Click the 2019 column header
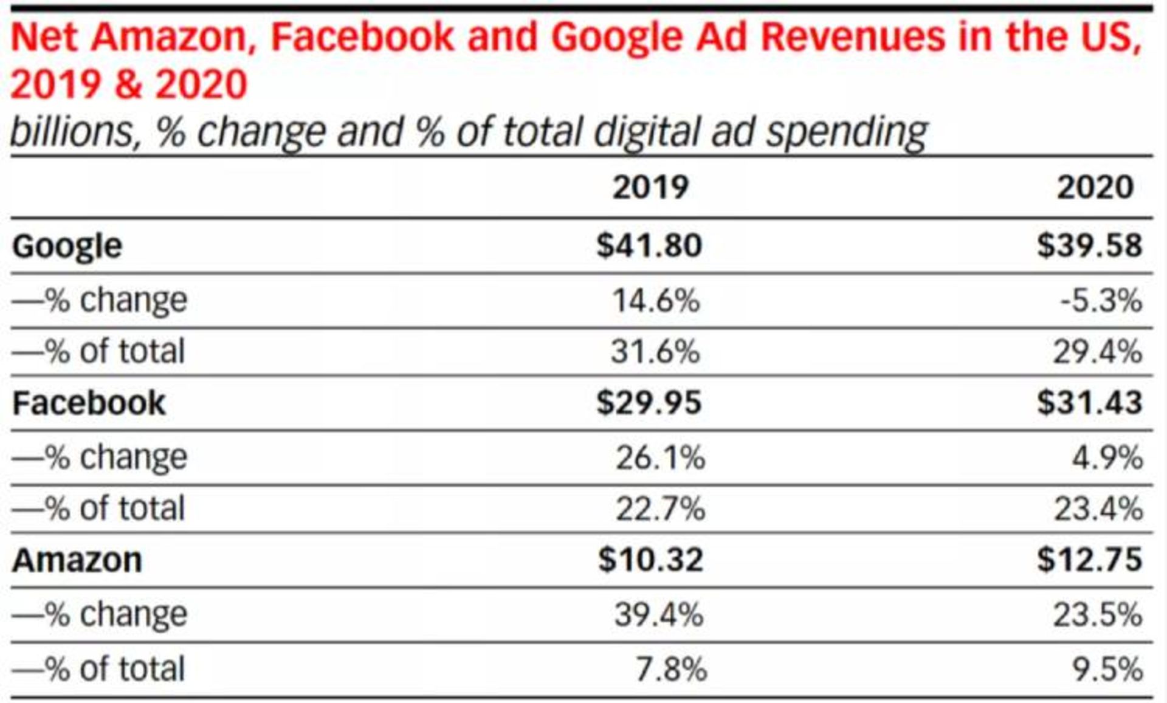(x=650, y=187)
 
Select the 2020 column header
(x=1095, y=187)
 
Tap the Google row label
(x=67, y=246)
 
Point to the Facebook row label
(x=89, y=403)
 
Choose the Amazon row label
(x=77, y=560)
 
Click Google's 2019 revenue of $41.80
(x=649, y=245)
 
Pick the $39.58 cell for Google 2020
(x=1089, y=245)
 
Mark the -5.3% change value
(x=1101, y=300)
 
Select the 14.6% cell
(x=656, y=300)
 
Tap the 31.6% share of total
(x=655, y=352)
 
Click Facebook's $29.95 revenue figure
(x=649, y=402)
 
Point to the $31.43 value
(x=1089, y=402)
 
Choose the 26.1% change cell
(x=660, y=458)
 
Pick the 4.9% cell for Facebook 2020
(x=1107, y=458)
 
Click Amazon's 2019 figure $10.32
(x=650, y=559)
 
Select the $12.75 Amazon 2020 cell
(x=1089, y=559)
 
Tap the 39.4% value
(x=659, y=614)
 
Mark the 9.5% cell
(x=1107, y=669)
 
